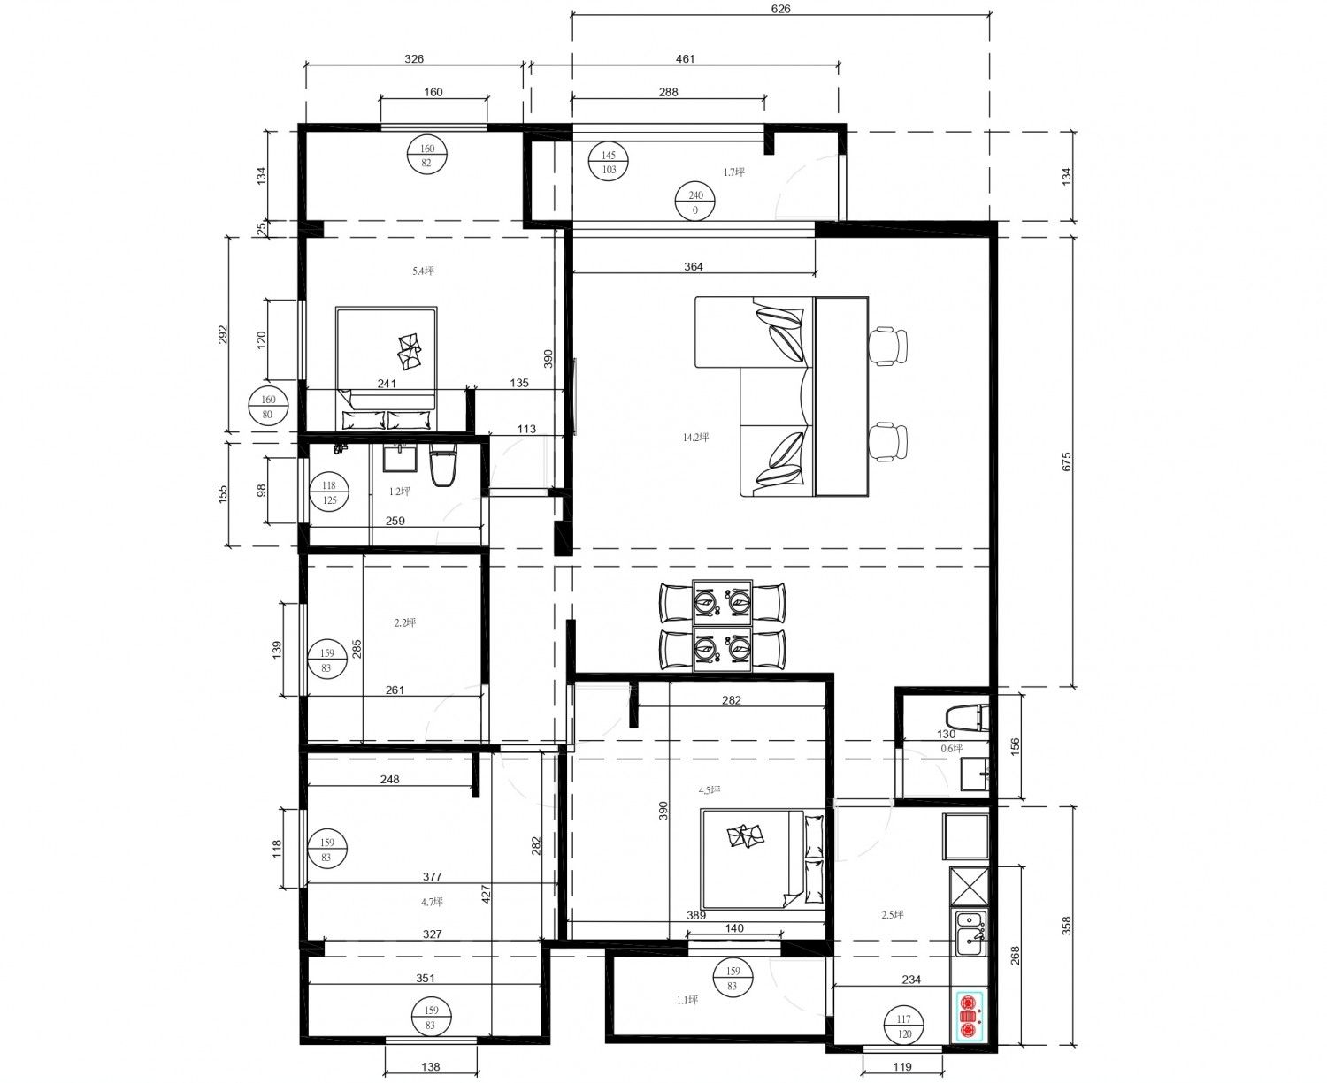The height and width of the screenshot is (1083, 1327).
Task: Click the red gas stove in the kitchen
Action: (x=969, y=1015)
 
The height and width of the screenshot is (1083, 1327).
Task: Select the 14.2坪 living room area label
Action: (x=696, y=437)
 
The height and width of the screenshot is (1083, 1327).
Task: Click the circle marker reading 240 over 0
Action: (x=694, y=202)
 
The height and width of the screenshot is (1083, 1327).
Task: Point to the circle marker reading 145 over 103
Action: (x=609, y=163)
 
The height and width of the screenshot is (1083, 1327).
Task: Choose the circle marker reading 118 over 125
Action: (x=329, y=493)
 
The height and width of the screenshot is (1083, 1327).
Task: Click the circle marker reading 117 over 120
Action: (x=903, y=1026)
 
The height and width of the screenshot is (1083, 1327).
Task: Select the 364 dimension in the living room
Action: (x=694, y=267)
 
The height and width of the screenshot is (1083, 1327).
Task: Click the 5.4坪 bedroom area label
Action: (x=423, y=271)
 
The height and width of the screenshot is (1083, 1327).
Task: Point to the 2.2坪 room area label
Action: (x=405, y=622)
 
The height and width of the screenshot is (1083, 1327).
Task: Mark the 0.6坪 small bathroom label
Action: (x=951, y=749)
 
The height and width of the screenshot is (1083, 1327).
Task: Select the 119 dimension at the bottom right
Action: (x=902, y=1067)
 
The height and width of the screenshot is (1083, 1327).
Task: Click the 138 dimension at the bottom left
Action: (x=430, y=1067)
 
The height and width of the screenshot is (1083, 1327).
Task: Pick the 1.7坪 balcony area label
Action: (x=734, y=172)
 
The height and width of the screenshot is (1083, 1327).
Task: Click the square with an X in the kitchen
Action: (x=969, y=886)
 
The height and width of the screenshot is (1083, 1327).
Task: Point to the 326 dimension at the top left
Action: (x=414, y=59)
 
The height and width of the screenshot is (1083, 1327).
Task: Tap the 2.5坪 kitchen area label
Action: (x=893, y=914)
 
